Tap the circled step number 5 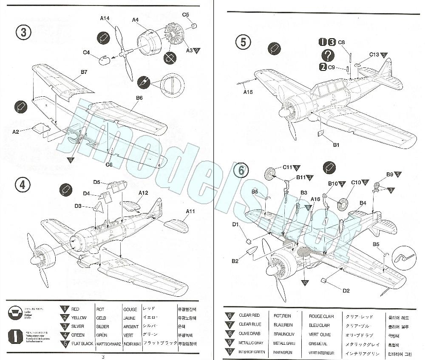[243, 42]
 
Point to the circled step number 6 [241, 171]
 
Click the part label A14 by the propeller [105, 18]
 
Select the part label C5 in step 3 [186, 15]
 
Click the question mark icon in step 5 [328, 54]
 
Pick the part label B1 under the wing [336, 145]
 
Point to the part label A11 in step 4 [190, 211]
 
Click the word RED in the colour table [75, 309]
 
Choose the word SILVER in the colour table [78, 326]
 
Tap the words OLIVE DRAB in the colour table [249, 334]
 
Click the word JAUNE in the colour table [129, 318]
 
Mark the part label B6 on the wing [139, 98]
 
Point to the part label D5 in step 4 [97, 182]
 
